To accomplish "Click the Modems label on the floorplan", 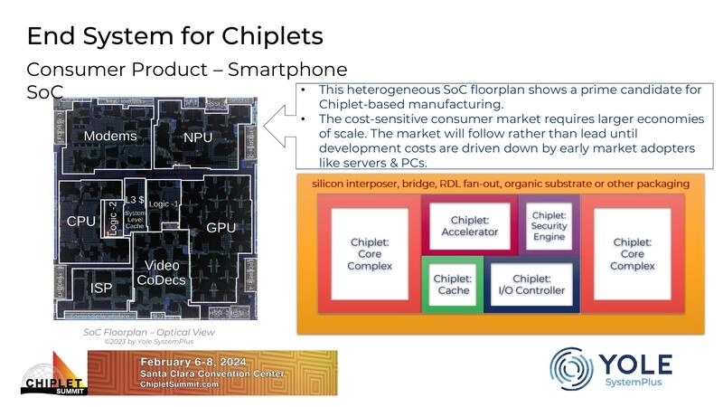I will click(110, 137).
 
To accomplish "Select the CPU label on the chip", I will click(80, 222).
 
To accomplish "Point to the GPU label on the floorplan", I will click(221, 227).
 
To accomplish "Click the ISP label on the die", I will click(101, 288).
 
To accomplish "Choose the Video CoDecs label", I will click(164, 272).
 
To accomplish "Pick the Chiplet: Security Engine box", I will click(548, 223).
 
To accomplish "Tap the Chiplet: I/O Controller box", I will click(532, 284).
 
